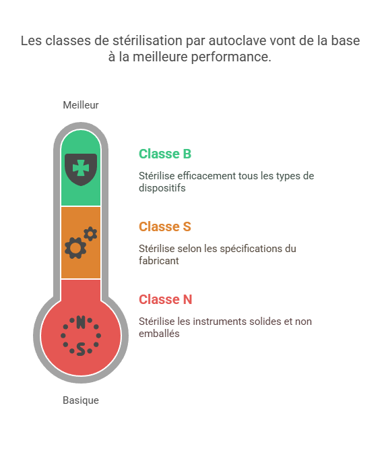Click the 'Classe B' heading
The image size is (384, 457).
coord(165,154)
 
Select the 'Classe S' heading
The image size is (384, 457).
coord(165,226)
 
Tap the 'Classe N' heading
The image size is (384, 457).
coord(166,299)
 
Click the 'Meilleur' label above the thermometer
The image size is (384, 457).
coord(81,105)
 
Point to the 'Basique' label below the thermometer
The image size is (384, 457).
coord(81,400)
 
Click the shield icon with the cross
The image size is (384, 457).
coord(81,169)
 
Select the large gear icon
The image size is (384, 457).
coord(75,248)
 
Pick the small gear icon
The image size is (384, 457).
coord(90,234)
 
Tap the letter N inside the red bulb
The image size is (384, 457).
coord(81,322)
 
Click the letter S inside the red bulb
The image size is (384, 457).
coord(81,349)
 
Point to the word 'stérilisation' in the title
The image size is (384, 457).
coord(148,40)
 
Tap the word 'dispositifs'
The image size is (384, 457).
coord(162,188)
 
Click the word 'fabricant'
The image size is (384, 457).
coord(159,261)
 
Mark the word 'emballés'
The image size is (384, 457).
coord(159,334)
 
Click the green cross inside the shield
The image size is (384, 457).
coord(81,168)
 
